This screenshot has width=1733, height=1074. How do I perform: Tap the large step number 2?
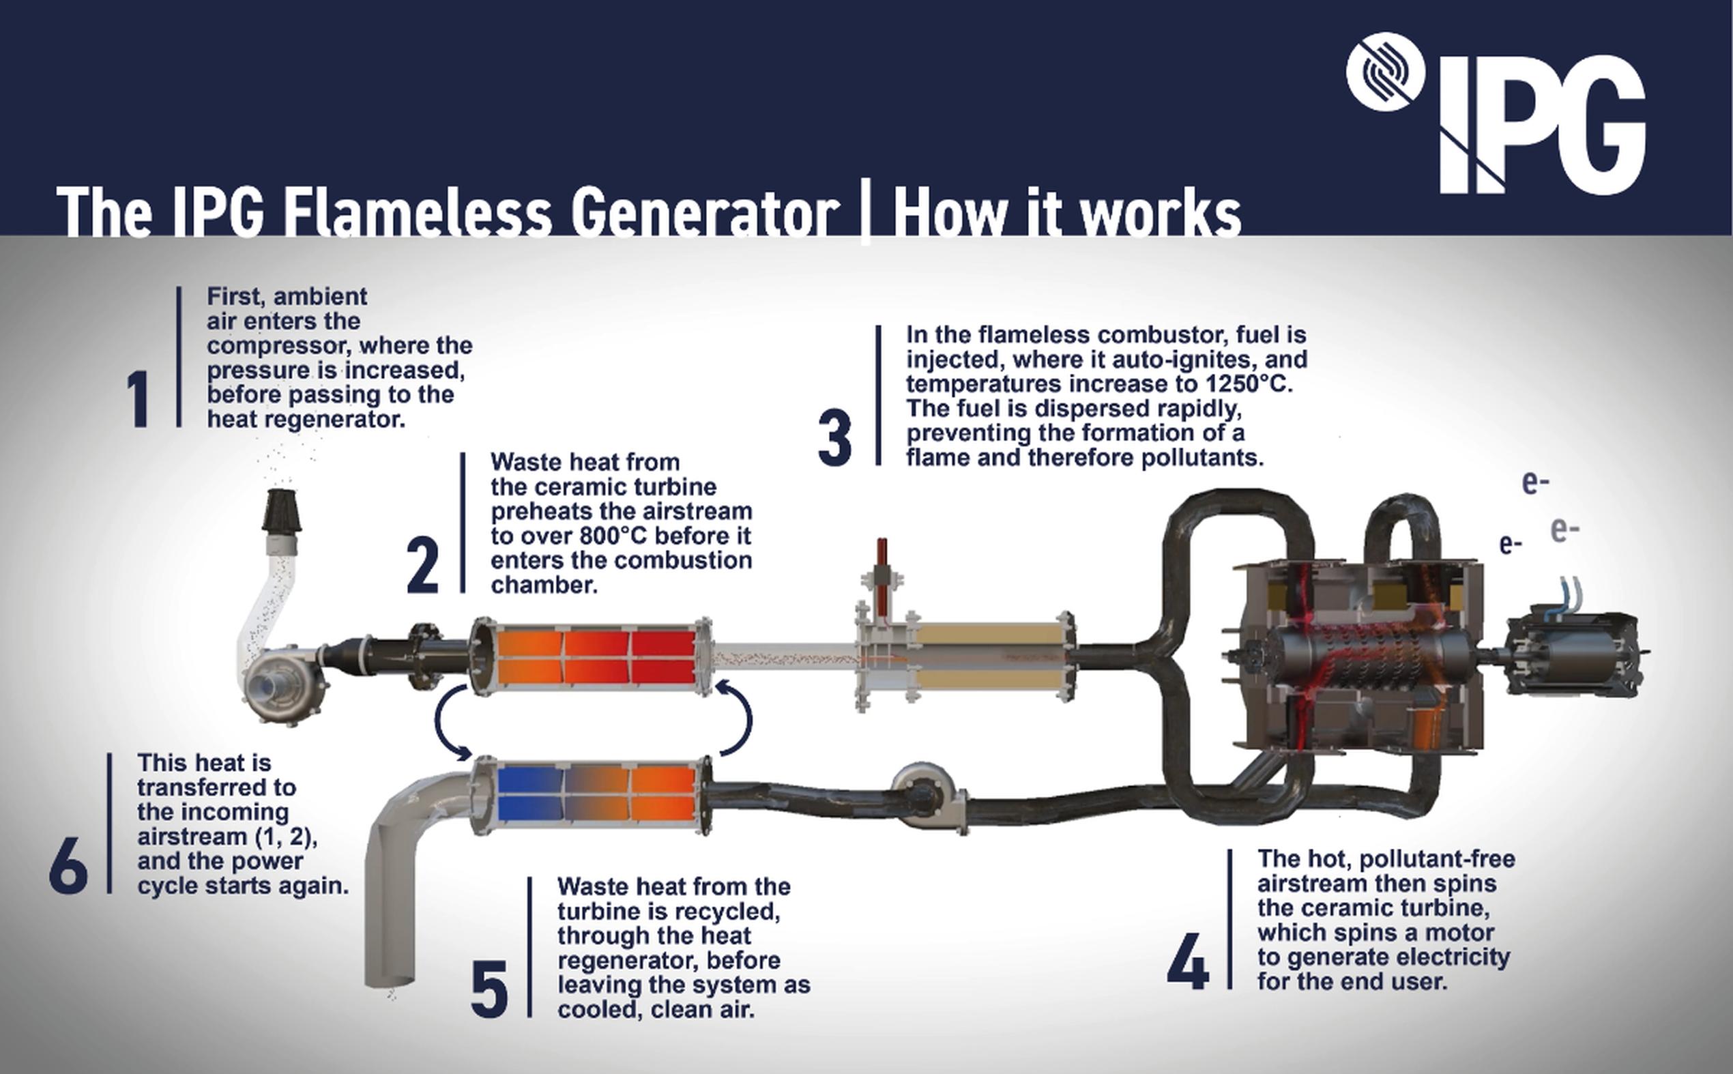[422, 566]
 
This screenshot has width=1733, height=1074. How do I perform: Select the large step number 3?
[834, 439]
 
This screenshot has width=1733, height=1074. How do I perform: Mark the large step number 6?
[68, 865]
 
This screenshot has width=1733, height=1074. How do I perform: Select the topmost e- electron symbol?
[1535, 483]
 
